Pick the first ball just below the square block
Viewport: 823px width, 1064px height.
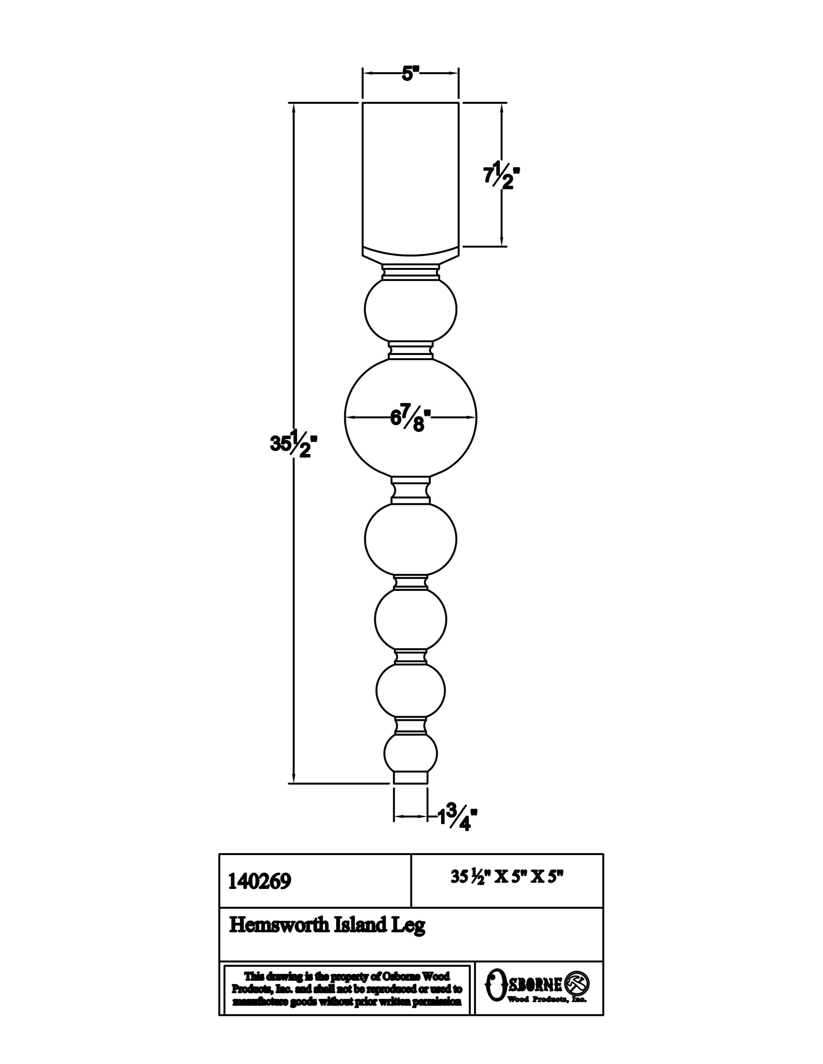411,308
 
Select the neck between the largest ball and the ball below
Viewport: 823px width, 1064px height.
411,490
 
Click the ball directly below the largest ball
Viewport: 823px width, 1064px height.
411,538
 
